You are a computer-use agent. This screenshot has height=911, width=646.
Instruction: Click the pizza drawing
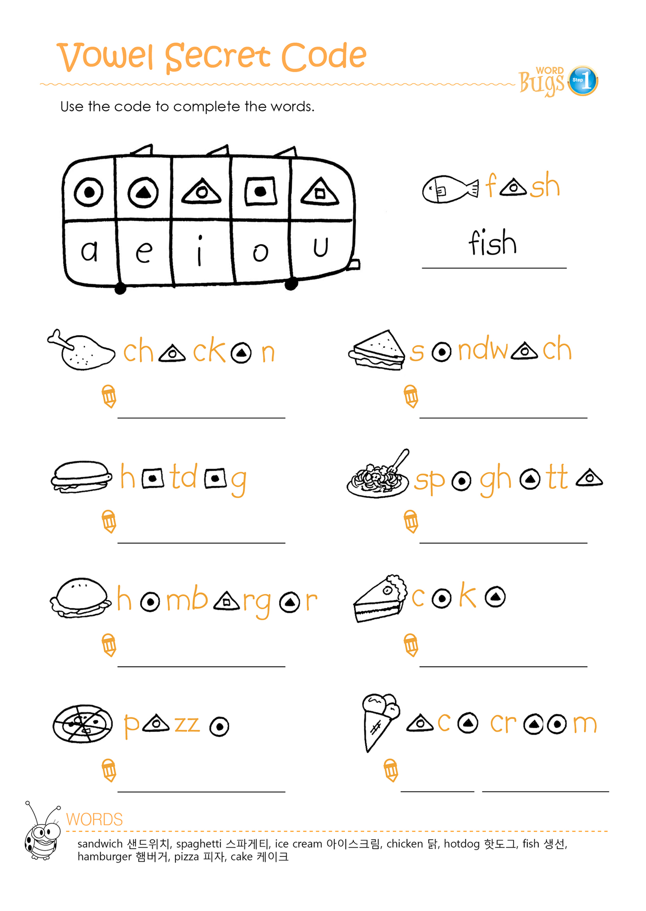click(x=83, y=724)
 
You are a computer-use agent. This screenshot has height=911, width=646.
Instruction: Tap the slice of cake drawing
click(x=380, y=599)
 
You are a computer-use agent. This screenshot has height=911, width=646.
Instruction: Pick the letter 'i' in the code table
click(x=200, y=250)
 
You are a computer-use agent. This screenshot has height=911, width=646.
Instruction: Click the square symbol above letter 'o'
click(x=260, y=192)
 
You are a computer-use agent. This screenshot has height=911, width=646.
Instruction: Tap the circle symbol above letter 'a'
click(x=89, y=193)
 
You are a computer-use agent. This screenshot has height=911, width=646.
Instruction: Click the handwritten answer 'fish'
click(x=493, y=243)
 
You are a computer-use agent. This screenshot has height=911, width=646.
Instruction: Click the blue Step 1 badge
click(x=582, y=81)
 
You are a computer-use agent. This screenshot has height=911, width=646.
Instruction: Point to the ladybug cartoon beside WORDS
click(x=42, y=831)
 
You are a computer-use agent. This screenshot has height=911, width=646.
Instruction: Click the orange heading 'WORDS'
click(x=94, y=819)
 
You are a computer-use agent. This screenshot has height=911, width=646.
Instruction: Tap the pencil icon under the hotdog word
click(x=109, y=522)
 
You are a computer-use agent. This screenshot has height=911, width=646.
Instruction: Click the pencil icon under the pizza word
click(x=109, y=770)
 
